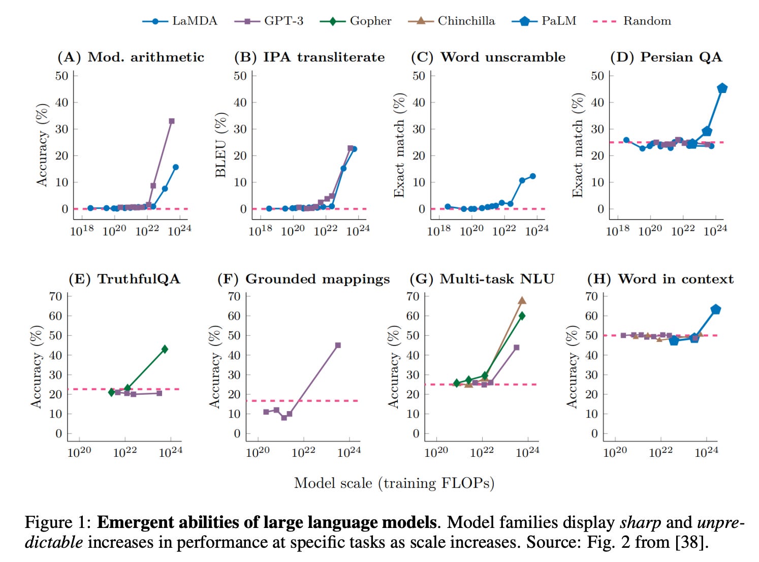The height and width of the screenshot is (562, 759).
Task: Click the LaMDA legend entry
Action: pyautogui.click(x=180, y=21)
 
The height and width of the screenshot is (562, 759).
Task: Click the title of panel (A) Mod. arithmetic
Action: pyautogui.click(x=131, y=57)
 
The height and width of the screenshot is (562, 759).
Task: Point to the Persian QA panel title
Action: pyautogui.click(x=666, y=57)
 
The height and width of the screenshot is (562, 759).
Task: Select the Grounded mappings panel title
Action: pyautogui.click(x=303, y=279)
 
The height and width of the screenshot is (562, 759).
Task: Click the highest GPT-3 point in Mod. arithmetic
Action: pyautogui.click(x=172, y=121)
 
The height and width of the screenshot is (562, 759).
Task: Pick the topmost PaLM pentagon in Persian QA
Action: pyautogui.click(x=722, y=88)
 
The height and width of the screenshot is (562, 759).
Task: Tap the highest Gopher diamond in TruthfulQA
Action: pyautogui.click(x=165, y=349)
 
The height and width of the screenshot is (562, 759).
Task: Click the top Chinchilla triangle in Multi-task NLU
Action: pyautogui.click(x=522, y=301)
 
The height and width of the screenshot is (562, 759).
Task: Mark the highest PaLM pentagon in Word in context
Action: pyautogui.click(x=716, y=309)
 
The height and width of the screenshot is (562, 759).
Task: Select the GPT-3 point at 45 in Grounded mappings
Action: pyautogui.click(x=338, y=346)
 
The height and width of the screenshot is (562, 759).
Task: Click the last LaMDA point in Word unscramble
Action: pyautogui.click(x=533, y=176)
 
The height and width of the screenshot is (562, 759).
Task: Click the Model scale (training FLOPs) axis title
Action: pyautogui.click(x=394, y=483)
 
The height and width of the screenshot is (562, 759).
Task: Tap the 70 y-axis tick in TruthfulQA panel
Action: pyautogui.click(x=55, y=296)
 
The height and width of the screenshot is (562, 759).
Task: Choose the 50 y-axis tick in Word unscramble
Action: pyautogui.click(x=419, y=76)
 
